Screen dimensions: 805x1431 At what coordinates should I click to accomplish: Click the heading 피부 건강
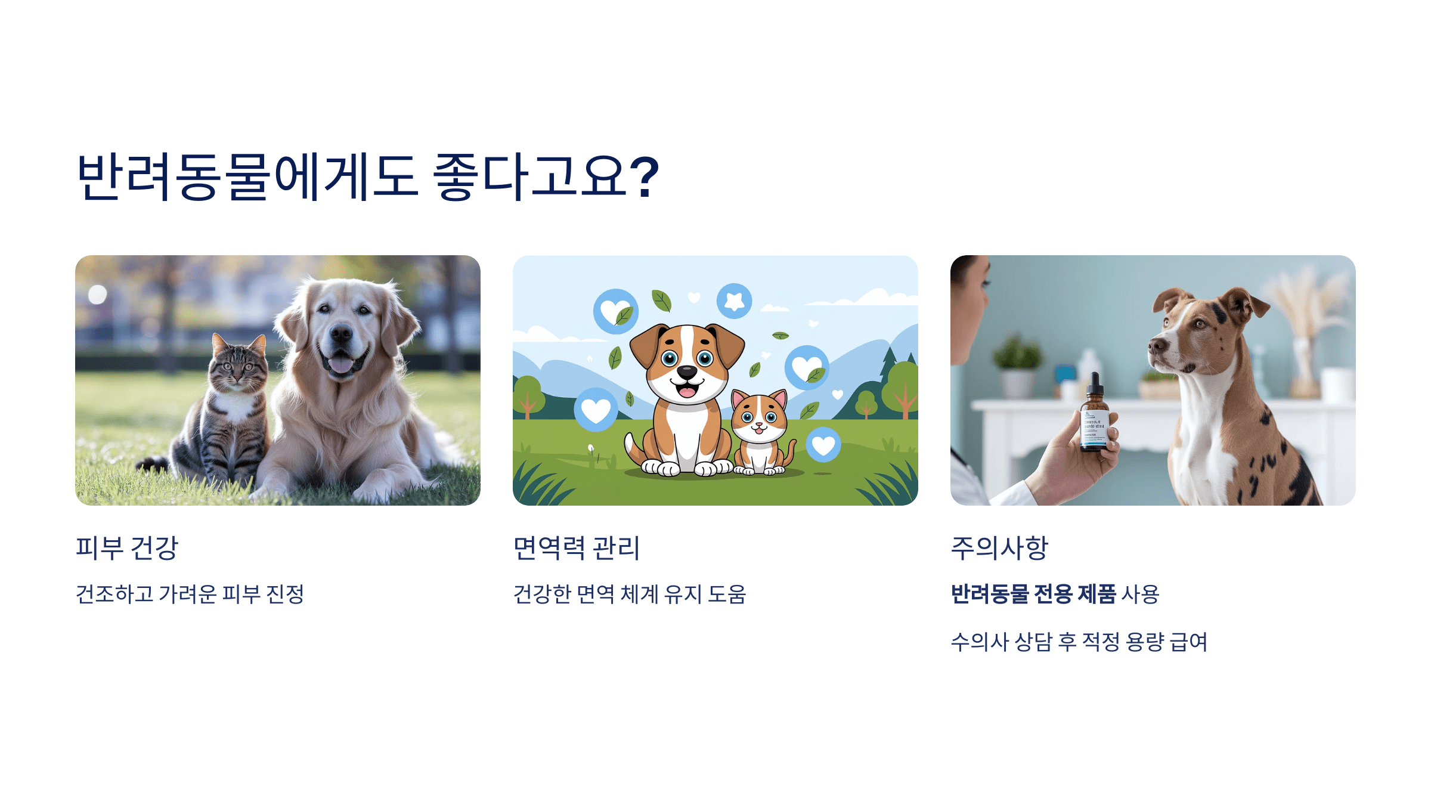pos(127,547)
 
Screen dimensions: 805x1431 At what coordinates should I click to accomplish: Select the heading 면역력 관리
pos(576,547)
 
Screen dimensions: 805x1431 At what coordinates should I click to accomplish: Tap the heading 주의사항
pos(999,547)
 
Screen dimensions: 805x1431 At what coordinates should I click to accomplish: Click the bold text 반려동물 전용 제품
pos(1033,594)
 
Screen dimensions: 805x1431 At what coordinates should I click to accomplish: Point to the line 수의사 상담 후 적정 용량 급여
pos(1079,642)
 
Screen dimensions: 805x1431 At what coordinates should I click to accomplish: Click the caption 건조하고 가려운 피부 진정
pos(190,594)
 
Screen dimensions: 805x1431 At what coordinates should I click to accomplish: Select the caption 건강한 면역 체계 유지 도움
pos(629,594)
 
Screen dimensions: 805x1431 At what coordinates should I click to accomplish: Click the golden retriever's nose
pos(341,334)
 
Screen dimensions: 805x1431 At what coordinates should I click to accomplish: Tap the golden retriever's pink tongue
pos(341,364)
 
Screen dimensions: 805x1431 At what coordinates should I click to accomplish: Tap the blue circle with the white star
pos(734,301)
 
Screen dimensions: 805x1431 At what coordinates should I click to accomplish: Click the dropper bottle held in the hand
pos(1094,417)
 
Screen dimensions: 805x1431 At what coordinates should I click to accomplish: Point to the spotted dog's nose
pos(1156,345)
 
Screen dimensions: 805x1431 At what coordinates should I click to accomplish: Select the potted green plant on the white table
pos(1017,364)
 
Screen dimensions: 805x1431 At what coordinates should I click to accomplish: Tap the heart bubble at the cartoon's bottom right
pos(823,445)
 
